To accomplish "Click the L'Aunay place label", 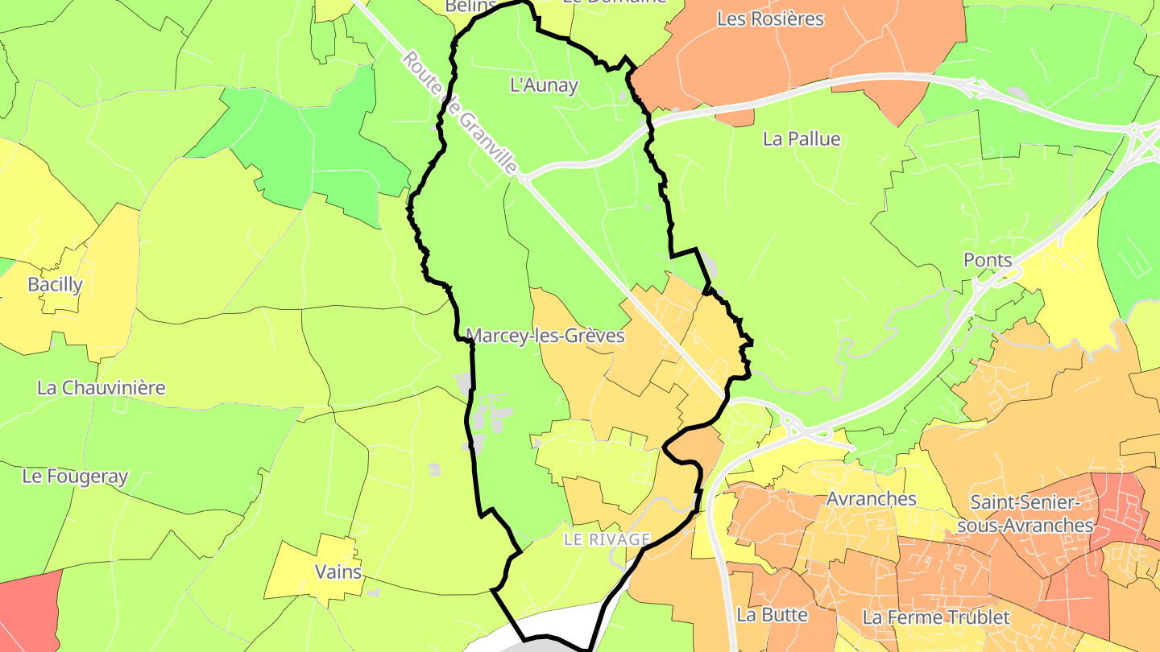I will (545, 85).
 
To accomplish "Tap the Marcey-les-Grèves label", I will (545, 336).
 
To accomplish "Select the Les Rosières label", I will (770, 19).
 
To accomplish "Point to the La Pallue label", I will (802, 139).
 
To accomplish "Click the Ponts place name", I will (988, 260).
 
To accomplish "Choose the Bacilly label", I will (55, 284).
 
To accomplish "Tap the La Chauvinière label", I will (101, 387).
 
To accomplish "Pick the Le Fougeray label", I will (75, 477).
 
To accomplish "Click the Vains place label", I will (338, 572).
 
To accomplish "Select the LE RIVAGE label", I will (607, 539).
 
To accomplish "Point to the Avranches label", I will (871, 498).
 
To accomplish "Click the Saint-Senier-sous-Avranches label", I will (1031, 514).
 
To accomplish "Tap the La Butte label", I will (772, 615).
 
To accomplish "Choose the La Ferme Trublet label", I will (935, 617).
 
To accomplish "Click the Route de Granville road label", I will (459, 113).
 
